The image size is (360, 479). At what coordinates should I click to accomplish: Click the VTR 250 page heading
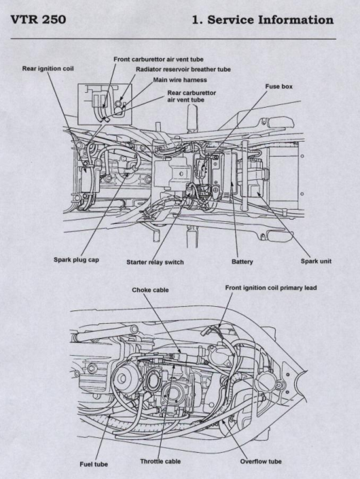point(38,20)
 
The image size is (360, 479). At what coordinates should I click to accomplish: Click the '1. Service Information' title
point(262,20)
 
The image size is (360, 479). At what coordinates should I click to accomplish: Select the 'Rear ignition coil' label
point(48,69)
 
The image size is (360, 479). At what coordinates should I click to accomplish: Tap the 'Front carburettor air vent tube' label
point(158,60)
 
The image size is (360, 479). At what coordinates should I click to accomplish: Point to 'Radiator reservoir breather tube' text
point(183,69)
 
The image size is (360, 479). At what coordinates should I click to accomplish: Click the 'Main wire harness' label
point(180,80)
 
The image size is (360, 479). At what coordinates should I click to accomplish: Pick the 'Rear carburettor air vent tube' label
point(191,96)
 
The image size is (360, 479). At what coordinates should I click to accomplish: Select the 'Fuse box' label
point(279,86)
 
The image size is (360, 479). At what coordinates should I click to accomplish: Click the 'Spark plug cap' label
point(77,260)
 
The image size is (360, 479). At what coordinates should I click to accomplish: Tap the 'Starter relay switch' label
point(155,262)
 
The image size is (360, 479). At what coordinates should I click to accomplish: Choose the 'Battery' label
point(242,261)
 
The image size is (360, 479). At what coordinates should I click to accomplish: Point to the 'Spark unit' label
point(316,261)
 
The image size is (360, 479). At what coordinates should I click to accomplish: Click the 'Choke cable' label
point(150,290)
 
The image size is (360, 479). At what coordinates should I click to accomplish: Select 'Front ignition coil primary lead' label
point(271,288)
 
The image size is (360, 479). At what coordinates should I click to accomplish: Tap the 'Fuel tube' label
point(94,464)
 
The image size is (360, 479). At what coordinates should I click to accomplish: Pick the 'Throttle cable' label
point(160,461)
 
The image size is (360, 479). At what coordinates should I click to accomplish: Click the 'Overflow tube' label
point(261,461)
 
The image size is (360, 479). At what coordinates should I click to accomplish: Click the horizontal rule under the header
point(174,39)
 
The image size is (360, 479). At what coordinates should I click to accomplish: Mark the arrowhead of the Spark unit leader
point(259,193)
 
